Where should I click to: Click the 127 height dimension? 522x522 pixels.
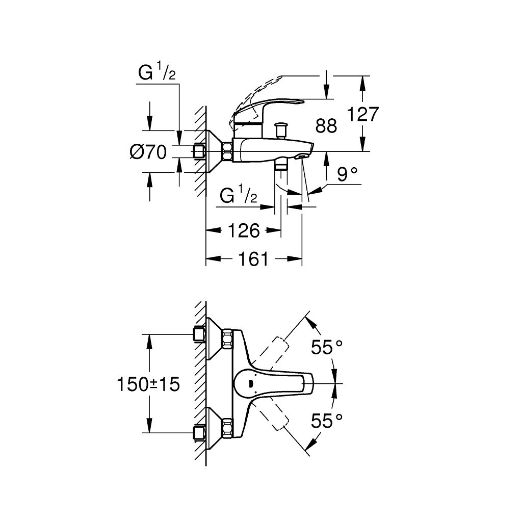tap(363, 114)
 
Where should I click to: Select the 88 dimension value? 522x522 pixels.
tap(326, 125)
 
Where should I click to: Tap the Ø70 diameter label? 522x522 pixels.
tap(148, 152)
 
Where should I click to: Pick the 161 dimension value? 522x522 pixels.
tap(252, 259)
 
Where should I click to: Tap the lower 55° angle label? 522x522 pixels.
tap(327, 421)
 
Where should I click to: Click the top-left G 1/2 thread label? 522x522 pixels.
tap(156, 74)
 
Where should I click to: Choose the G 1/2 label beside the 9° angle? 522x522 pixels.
tap(238, 195)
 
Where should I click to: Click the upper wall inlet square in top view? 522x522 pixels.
tap(199, 334)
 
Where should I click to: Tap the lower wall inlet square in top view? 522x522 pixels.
tap(199, 433)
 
